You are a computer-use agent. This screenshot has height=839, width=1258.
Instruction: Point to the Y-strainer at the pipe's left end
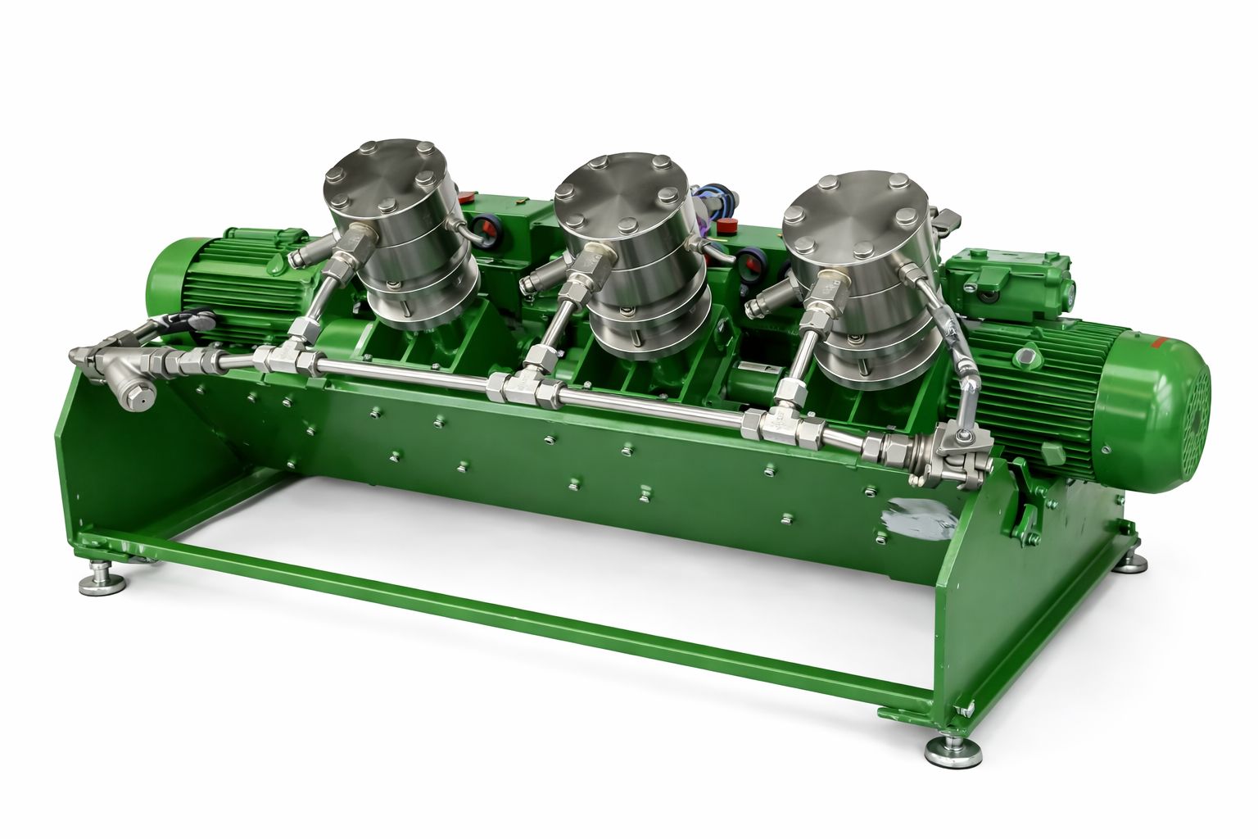click(123, 373)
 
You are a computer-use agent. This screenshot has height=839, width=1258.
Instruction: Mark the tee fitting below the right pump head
click(767, 422)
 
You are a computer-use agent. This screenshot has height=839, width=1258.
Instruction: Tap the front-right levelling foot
click(953, 750)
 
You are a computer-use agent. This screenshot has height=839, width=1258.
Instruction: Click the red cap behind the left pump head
click(466, 197)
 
